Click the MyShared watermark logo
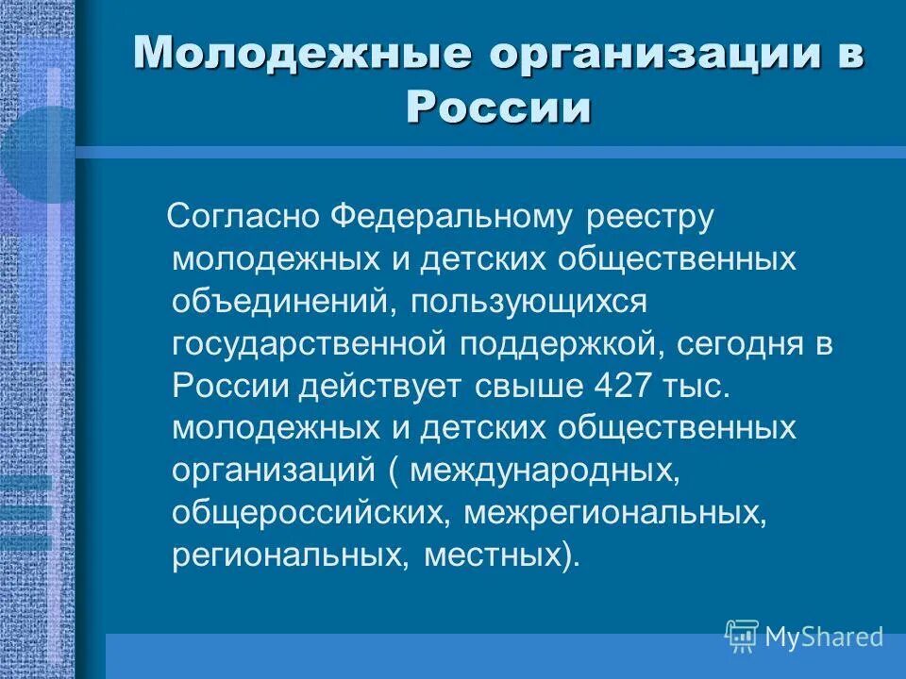click(804, 636)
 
